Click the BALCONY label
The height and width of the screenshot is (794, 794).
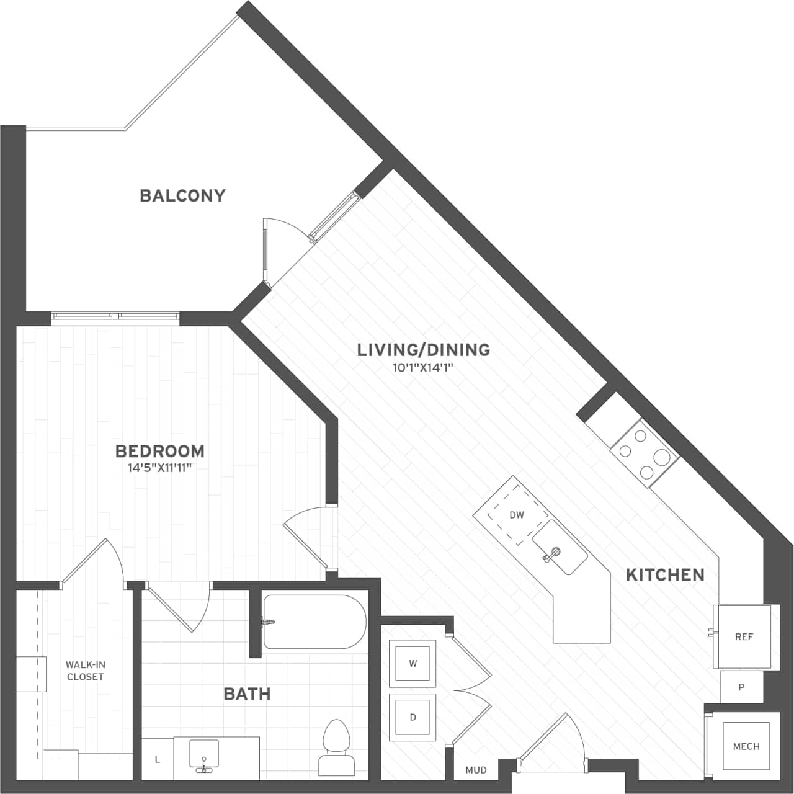182,196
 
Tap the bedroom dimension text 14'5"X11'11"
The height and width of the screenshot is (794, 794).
159,468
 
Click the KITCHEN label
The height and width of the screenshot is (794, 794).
665,575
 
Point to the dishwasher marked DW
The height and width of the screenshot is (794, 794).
516,515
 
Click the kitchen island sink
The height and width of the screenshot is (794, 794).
560,548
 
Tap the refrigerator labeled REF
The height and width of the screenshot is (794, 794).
744,637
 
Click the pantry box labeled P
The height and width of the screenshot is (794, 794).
741,687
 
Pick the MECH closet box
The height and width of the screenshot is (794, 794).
746,746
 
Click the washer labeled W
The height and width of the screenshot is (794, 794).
413,663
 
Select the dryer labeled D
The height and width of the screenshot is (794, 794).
413,717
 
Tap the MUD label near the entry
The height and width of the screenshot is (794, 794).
476,770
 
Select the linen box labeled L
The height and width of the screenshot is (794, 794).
158,759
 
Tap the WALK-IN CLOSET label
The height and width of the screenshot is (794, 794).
86,671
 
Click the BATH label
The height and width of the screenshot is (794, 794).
247,694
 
